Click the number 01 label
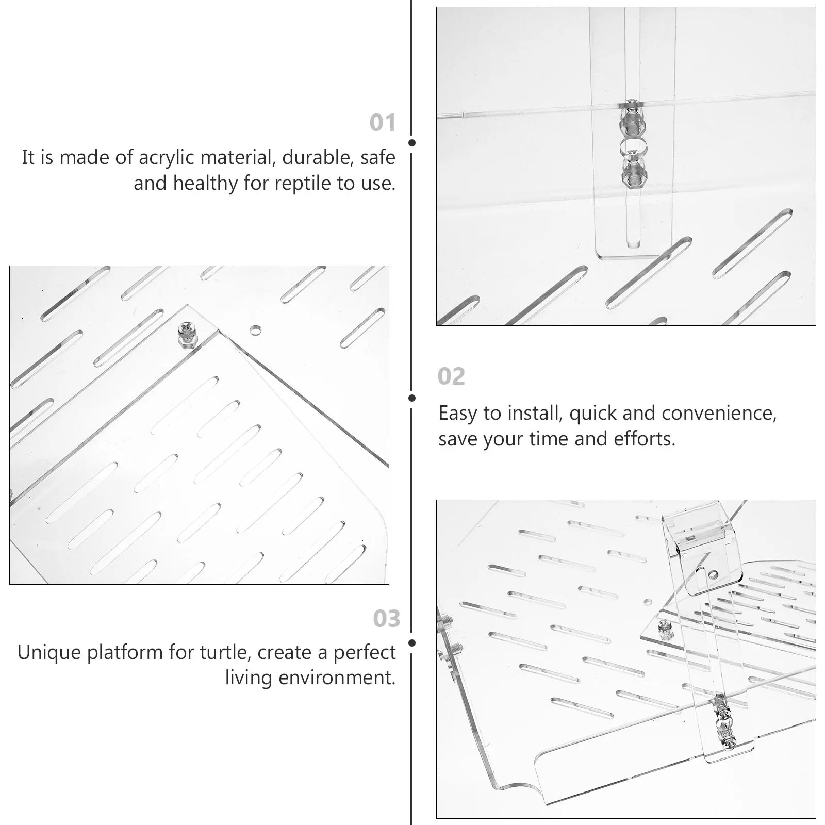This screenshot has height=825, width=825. pyautogui.click(x=382, y=123)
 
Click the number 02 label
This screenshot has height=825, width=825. pyautogui.click(x=451, y=376)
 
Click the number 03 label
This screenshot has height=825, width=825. pyautogui.click(x=386, y=618)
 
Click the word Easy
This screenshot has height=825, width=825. pyautogui.click(x=458, y=414)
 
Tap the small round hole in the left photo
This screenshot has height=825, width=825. pyautogui.click(x=255, y=329)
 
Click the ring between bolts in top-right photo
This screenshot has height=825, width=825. pyautogui.click(x=632, y=148)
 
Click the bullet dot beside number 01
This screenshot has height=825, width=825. pyautogui.click(x=411, y=143)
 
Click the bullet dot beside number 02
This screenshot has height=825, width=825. pyautogui.click(x=411, y=398)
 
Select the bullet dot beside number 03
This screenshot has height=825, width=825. pyautogui.click(x=411, y=643)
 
